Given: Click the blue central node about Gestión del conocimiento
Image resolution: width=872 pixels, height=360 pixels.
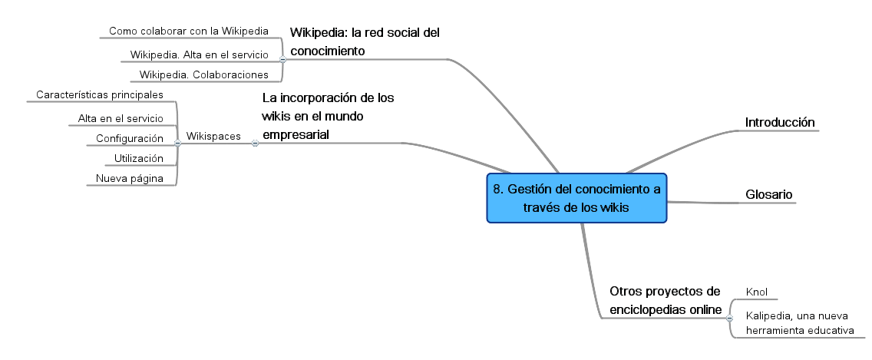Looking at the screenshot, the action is click(x=576, y=198).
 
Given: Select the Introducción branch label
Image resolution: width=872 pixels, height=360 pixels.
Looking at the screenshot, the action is click(x=780, y=122).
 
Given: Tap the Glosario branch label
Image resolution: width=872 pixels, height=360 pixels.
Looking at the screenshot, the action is click(x=768, y=194).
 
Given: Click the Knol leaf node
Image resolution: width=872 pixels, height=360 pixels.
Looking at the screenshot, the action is click(x=756, y=292).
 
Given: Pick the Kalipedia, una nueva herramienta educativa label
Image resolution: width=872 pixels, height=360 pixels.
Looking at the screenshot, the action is click(x=800, y=323).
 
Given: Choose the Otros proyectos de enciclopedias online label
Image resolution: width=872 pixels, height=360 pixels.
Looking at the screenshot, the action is click(x=665, y=300).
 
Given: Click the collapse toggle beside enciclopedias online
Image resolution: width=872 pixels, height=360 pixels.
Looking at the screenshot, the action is click(x=730, y=319).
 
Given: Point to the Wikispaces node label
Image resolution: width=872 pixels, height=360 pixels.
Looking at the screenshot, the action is click(x=213, y=137).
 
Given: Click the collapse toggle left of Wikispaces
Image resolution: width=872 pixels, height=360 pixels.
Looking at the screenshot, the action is click(x=177, y=143).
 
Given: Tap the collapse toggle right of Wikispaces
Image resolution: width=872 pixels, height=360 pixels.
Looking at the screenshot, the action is click(x=256, y=143).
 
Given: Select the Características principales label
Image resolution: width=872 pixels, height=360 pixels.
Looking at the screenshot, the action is click(x=100, y=94).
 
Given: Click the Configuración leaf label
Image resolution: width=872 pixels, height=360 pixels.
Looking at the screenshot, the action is click(x=130, y=138).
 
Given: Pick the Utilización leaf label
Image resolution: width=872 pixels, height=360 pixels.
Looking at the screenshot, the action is click(x=138, y=159).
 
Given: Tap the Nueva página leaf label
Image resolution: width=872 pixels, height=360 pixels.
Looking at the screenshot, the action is click(x=130, y=179).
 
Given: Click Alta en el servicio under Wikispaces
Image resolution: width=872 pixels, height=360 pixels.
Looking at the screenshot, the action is click(x=121, y=118).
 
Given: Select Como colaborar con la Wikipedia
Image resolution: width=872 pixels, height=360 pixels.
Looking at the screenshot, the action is click(x=189, y=31).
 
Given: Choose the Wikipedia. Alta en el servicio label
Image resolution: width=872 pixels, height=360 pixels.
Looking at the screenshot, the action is click(x=199, y=54).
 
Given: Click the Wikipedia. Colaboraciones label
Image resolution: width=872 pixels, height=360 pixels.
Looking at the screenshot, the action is click(x=203, y=74).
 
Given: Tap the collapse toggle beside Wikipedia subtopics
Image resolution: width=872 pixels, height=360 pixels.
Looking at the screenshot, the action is click(x=282, y=59).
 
